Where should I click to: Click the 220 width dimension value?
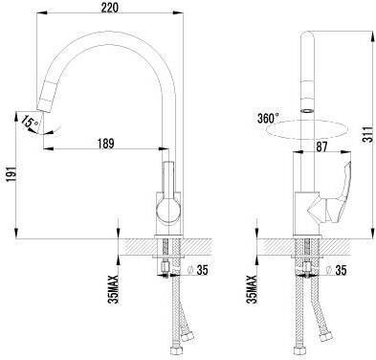pos(110,7)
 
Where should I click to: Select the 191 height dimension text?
pos(11,173)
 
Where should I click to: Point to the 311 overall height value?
pos(368,134)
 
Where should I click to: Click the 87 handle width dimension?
pos(321,146)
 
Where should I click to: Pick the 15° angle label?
pos(30,121)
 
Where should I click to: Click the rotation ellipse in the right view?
pos(307,129)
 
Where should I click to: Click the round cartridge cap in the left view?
pos(168,210)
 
